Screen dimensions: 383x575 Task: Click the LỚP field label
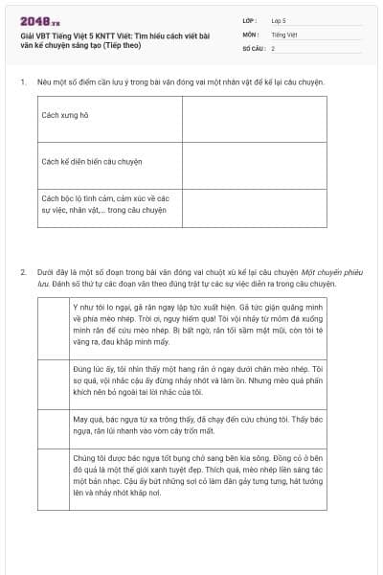[250, 19]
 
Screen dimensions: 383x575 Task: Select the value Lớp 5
[278, 19]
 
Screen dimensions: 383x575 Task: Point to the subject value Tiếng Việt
[284, 34]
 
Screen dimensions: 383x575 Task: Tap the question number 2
[22, 271]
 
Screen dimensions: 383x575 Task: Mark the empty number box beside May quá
[51, 428]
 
